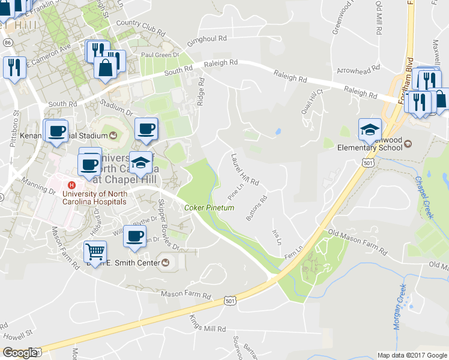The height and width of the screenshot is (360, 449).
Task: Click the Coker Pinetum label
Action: (209, 208)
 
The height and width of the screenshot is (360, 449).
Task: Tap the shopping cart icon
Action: (95, 251)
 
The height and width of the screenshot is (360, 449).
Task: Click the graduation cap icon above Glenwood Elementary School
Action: (370, 129)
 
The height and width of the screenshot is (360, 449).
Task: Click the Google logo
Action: (20, 352)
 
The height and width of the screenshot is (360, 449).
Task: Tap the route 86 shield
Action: (7, 43)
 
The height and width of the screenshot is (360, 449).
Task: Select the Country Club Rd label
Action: (140, 26)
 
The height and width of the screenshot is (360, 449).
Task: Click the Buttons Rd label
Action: (256, 208)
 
